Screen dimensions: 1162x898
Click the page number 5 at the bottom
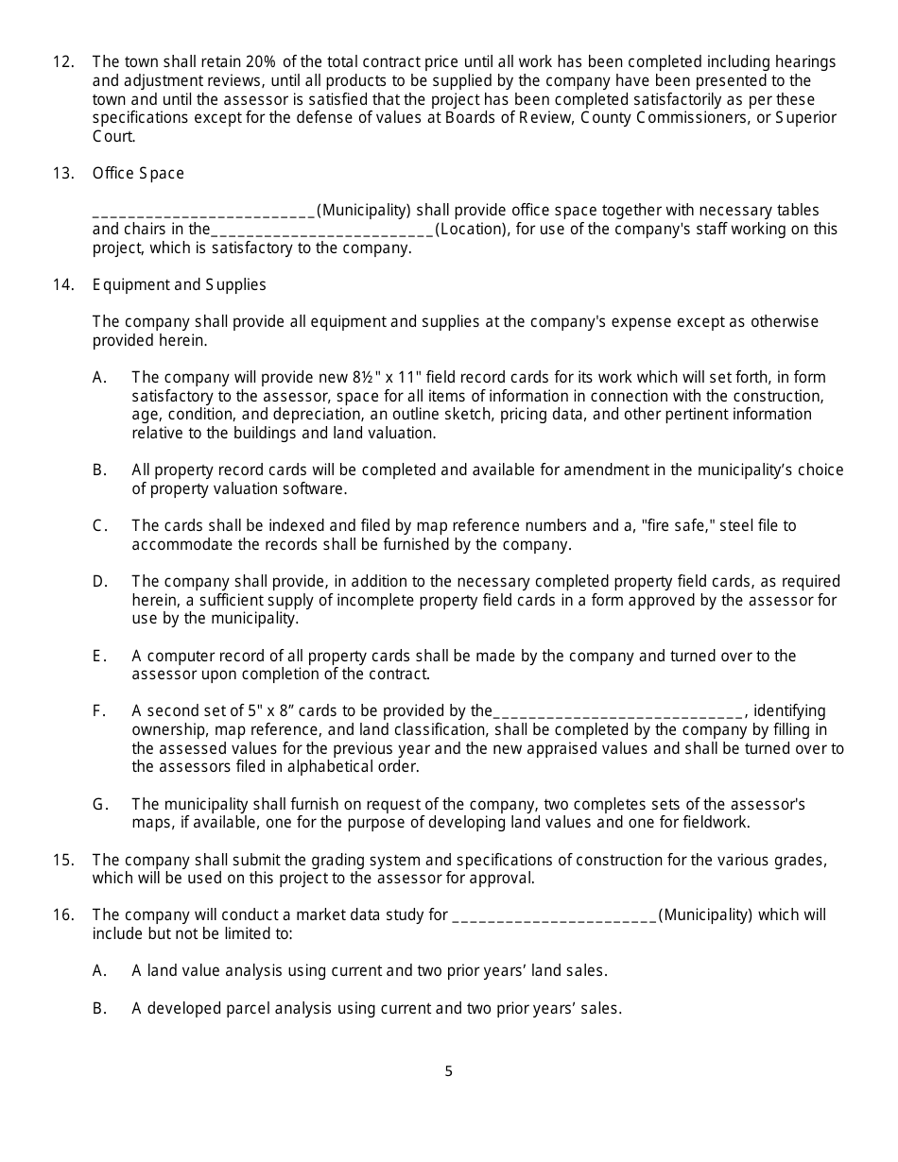[x=449, y=1071]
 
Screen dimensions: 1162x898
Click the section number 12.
[x=63, y=62]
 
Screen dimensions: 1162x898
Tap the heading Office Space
[x=138, y=174]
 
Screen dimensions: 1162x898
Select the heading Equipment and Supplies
[x=179, y=285]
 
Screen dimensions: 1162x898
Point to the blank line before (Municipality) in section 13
[x=204, y=212]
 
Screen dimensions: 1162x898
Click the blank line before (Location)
[x=322, y=230]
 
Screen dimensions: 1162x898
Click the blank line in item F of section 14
[x=619, y=712]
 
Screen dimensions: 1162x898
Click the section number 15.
[x=63, y=860]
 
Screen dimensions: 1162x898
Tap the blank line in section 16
[x=555, y=916]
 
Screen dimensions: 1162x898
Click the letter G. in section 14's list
[x=100, y=805]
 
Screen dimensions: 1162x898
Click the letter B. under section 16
[x=99, y=1008]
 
